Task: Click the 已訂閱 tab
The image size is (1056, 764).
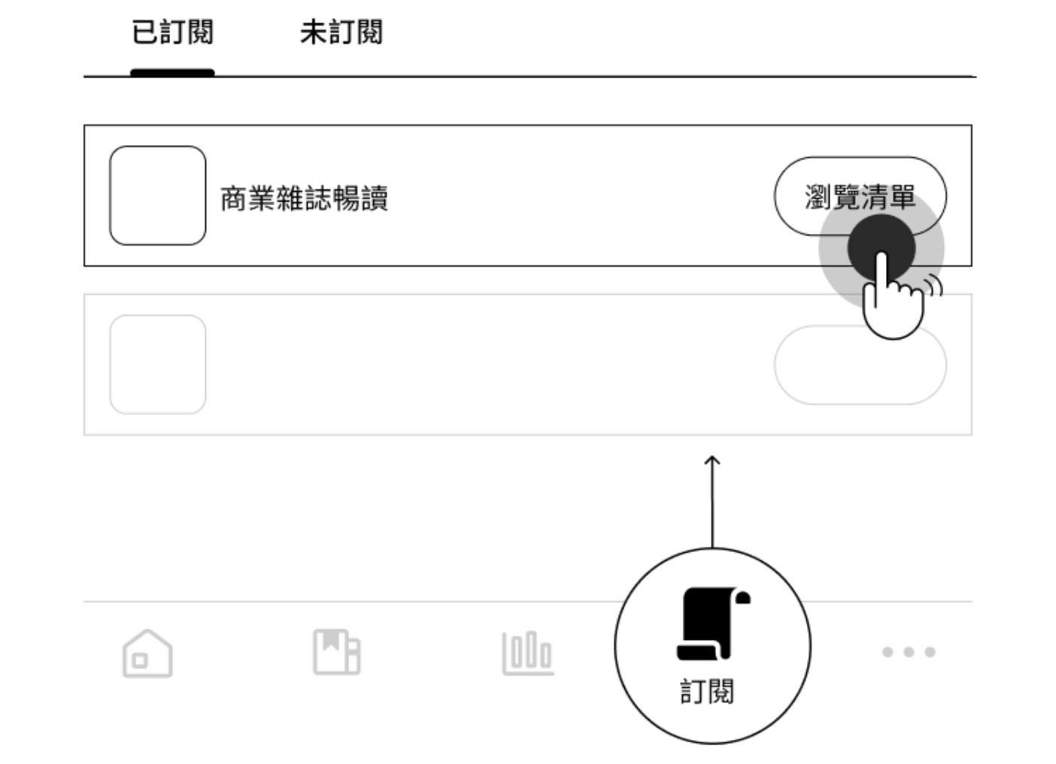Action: [172, 33]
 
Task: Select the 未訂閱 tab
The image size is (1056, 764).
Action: [341, 33]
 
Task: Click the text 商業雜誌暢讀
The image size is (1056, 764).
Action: [304, 199]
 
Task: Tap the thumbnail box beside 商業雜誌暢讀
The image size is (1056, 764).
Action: [157, 196]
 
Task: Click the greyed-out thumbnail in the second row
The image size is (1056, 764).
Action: [157, 365]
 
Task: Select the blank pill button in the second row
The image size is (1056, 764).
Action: [860, 365]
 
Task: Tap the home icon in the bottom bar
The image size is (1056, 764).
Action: [147, 653]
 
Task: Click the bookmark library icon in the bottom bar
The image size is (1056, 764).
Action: [336, 652]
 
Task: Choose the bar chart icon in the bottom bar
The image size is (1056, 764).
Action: [528, 653]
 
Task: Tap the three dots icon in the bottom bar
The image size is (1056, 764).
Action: [909, 652]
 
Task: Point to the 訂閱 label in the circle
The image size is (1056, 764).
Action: [707, 691]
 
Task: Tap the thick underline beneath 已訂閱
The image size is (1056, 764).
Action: [172, 73]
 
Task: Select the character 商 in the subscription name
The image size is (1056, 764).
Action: [233, 199]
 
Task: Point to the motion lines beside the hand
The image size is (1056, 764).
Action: [933, 286]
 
